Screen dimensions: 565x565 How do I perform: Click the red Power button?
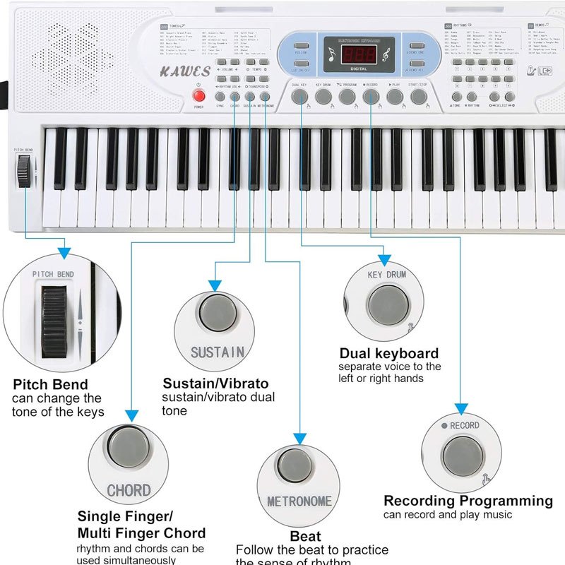pyautogui.click(x=198, y=97)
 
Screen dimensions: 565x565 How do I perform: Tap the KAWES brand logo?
pyautogui.click(x=186, y=71)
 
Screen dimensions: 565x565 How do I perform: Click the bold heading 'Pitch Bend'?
pyautogui.click(x=50, y=385)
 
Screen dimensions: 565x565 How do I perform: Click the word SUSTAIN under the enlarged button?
pyautogui.click(x=218, y=351)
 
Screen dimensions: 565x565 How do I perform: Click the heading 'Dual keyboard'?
pyautogui.click(x=389, y=353)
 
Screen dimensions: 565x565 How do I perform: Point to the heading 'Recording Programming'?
pyautogui.click(x=468, y=501)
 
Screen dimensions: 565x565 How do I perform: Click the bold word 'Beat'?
pyautogui.click(x=305, y=536)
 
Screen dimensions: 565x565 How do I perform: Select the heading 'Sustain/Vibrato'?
pyautogui.click(x=215, y=383)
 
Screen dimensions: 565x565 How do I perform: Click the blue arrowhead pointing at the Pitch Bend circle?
pyautogui.click(x=64, y=251)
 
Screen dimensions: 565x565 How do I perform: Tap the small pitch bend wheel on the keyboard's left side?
pyautogui.click(x=25, y=171)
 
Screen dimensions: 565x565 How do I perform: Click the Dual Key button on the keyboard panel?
pyautogui.click(x=300, y=97)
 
